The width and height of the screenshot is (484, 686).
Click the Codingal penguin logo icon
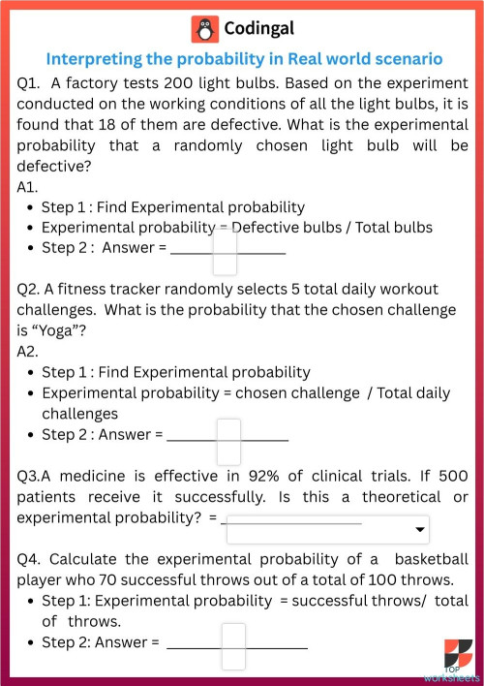(x=205, y=29)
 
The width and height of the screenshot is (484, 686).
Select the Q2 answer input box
(x=228, y=440)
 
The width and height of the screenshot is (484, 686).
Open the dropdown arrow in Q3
(x=420, y=530)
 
